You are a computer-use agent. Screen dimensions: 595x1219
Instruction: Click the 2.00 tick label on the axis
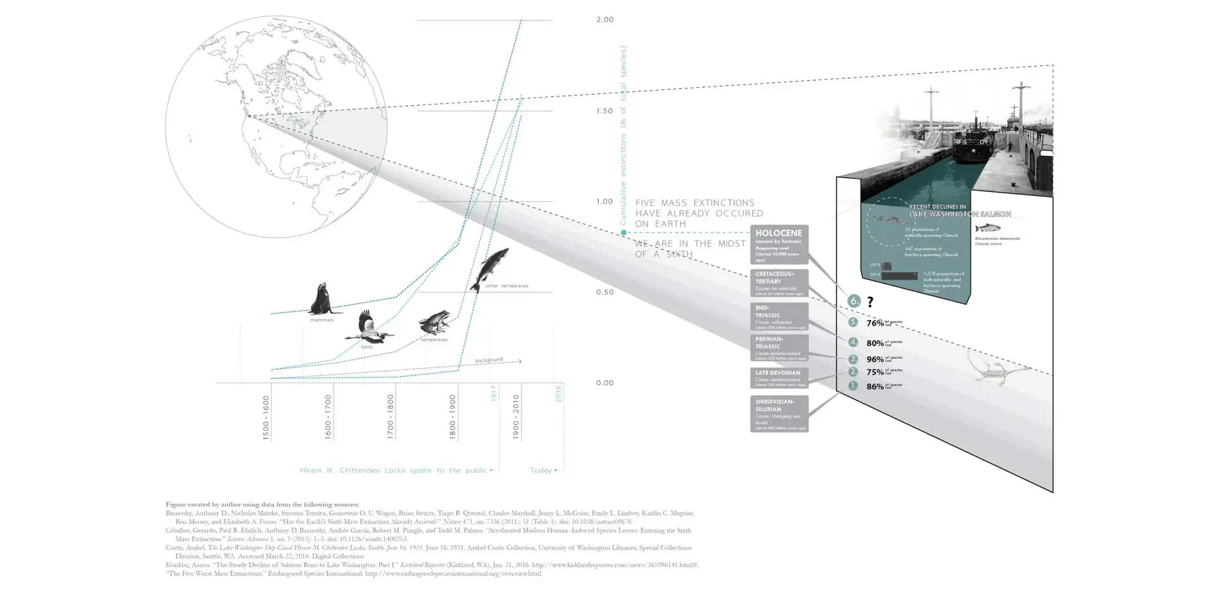[x=604, y=20]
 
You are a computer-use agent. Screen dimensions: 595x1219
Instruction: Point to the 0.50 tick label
[x=604, y=292]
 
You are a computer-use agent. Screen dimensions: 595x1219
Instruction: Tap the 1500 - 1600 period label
[x=266, y=417]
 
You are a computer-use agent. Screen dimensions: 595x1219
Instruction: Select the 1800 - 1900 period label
[x=453, y=417]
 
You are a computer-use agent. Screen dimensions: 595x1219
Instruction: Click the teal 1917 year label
[x=494, y=393]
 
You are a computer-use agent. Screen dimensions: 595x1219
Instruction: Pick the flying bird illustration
[x=367, y=327]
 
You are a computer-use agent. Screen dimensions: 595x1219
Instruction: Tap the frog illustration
[x=434, y=322]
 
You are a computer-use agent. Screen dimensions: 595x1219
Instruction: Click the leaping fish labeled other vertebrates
[x=489, y=268]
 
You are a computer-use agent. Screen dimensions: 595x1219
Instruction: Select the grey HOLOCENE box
[x=779, y=245]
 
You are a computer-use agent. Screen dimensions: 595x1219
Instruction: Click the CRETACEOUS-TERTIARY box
[x=779, y=283]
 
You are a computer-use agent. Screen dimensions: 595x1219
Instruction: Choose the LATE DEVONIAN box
[x=779, y=377]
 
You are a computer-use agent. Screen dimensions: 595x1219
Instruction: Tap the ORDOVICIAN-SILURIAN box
[x=779, y=413]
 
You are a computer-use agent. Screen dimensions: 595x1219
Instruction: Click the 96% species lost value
[x=875, y=359]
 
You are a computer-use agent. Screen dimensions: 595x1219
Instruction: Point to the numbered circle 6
[x=853, y=300]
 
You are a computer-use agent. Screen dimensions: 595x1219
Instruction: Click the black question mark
[x=870, y=302]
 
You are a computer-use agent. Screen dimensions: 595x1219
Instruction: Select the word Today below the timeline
[x=540, y=470]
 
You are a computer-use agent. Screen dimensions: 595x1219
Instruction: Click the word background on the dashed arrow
[x=489, y=360]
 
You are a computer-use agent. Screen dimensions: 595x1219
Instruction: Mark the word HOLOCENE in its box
[x=778, y=233]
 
